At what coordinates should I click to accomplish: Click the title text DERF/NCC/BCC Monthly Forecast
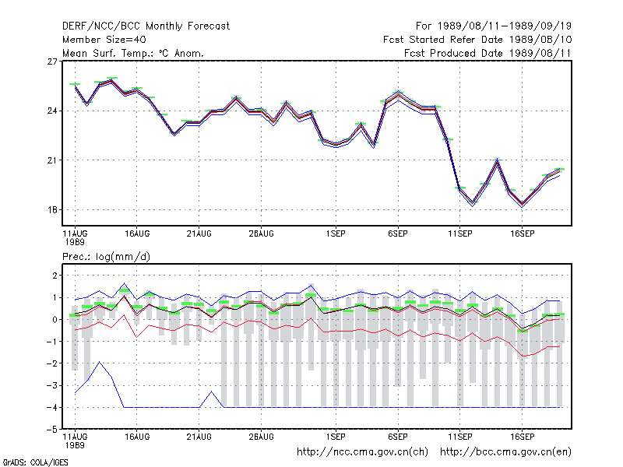146,26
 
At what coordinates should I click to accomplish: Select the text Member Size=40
104,40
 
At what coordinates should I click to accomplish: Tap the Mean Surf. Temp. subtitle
133,53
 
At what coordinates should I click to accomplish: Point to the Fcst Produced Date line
488,53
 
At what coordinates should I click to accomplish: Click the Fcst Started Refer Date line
477,40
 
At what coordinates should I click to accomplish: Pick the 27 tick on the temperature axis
52,61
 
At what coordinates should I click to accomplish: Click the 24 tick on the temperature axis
52,111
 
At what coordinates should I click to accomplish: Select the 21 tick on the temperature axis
52,160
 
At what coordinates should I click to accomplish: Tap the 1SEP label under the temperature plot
336,233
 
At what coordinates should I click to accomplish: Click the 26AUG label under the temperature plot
261,233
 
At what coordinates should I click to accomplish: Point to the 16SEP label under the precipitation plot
522,437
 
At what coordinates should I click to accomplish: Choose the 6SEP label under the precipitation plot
398,437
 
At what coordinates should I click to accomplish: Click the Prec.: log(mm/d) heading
106,257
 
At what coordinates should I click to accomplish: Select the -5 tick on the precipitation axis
52,430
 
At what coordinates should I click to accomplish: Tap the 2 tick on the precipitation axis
55,276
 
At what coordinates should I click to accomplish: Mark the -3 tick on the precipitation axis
52,385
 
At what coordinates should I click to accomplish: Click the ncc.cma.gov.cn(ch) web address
362,452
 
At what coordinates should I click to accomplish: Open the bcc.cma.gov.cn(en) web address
505,452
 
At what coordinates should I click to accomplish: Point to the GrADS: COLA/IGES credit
35,462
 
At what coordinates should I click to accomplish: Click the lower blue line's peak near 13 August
100,362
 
